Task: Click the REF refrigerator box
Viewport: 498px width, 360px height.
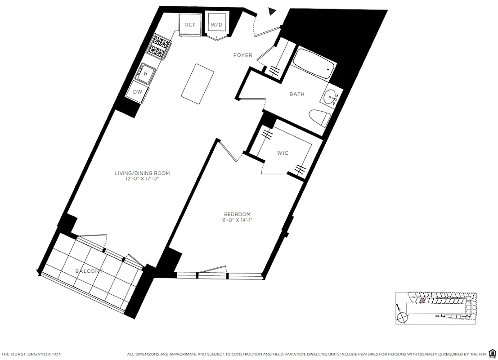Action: pos(190,25)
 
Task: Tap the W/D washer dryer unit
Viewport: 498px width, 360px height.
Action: pos(217,25)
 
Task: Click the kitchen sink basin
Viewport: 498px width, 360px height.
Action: pos(146,73)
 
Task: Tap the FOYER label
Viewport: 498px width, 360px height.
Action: pos(242,55)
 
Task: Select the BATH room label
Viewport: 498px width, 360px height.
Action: pos(296,94)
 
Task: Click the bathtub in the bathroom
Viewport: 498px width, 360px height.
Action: pos(314,66)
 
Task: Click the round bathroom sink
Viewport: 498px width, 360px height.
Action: pos(332,97)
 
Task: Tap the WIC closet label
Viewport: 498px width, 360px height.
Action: pos(283,153)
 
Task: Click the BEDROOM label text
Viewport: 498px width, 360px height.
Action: pos(237,214)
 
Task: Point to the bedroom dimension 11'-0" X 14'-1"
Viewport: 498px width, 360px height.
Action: pos(237,220)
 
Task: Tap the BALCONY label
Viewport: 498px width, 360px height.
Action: pos(89,271)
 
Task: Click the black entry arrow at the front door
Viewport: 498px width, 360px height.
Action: pos(272,12)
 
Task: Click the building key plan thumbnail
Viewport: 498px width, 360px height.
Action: pos(435,307)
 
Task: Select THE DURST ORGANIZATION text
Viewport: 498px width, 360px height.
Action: pos(31,354)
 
